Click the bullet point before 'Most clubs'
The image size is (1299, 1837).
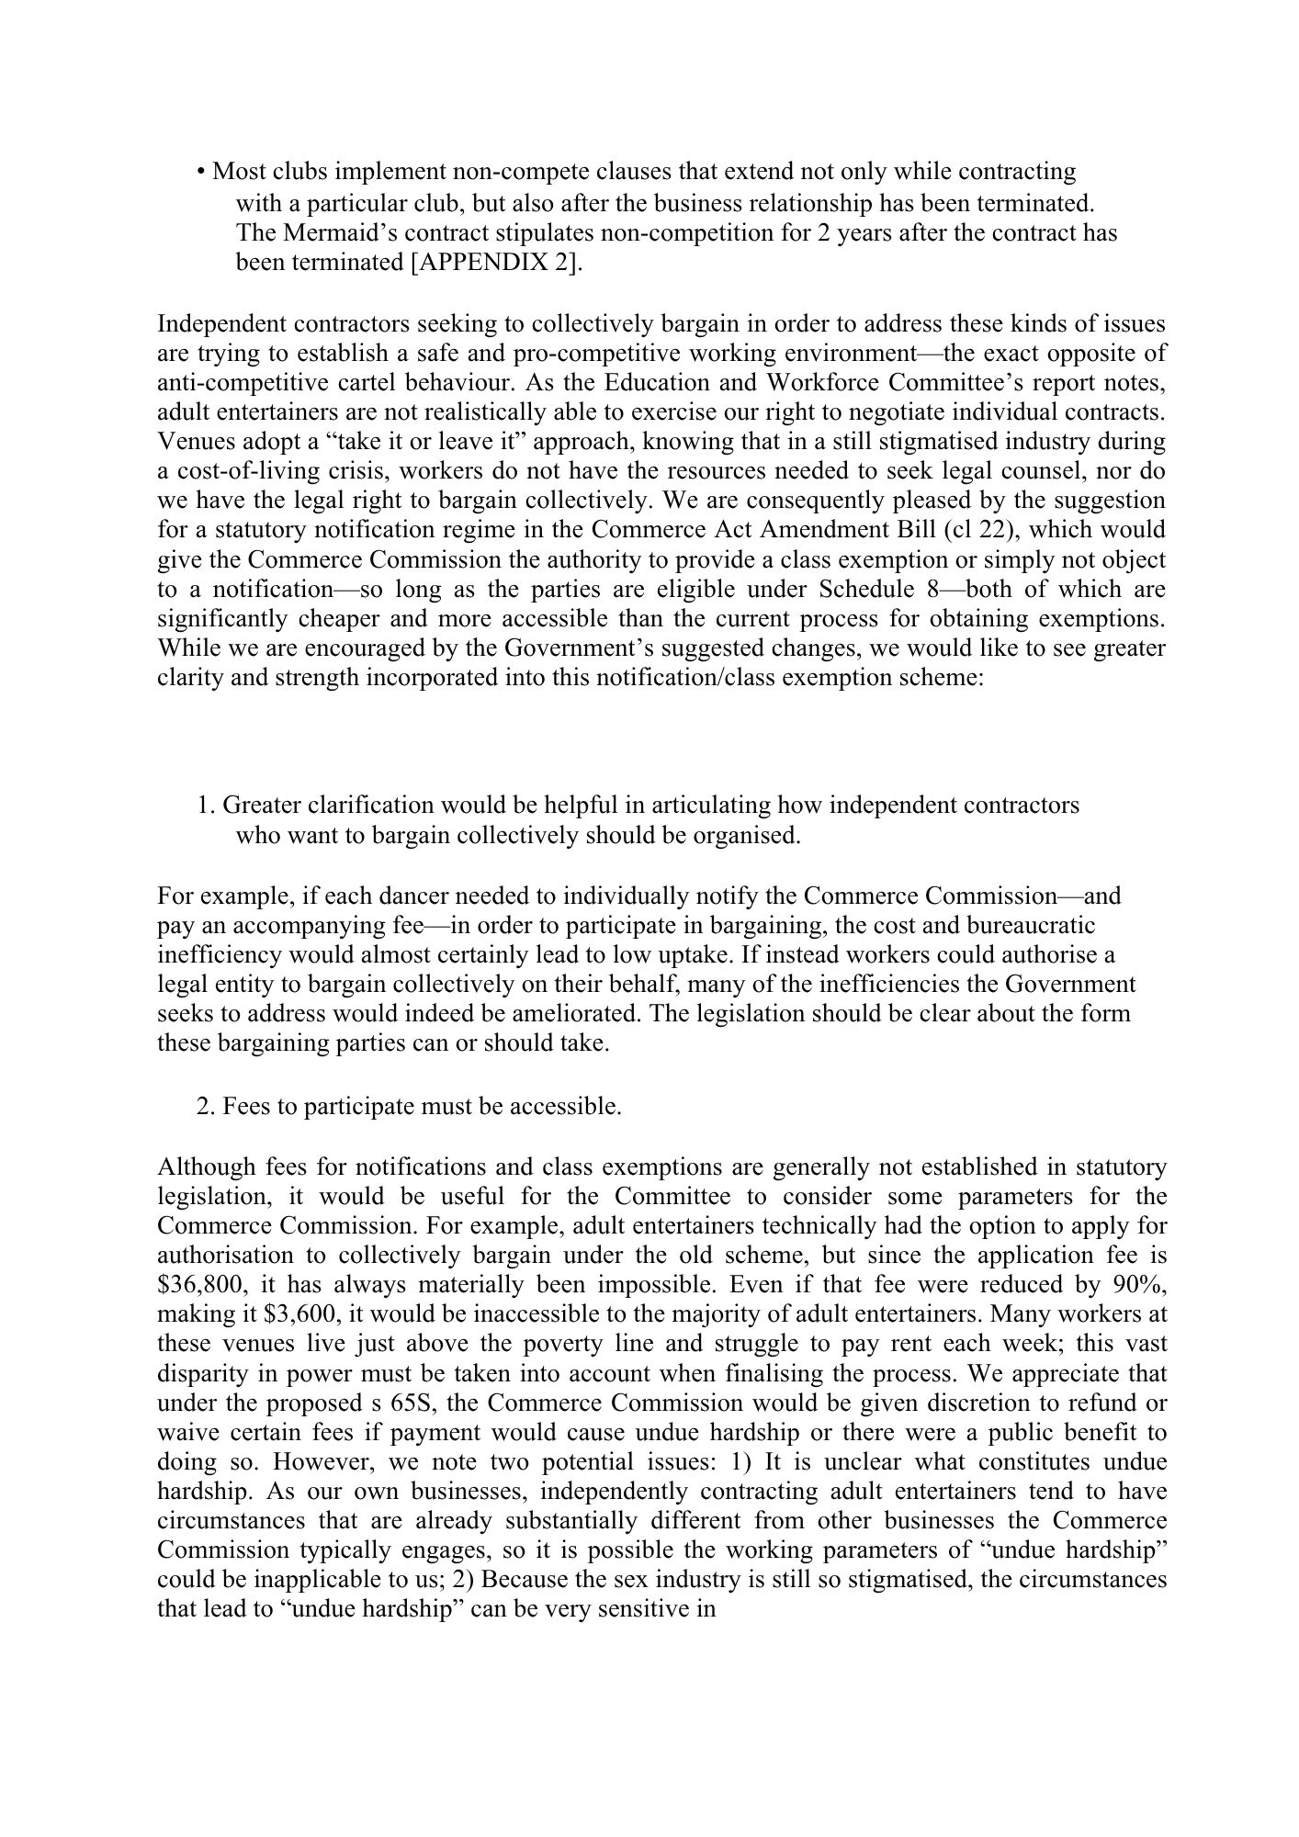coord(200,173)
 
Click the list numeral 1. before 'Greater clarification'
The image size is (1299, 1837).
coord(207,806)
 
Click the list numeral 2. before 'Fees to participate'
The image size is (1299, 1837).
coord(207,1107)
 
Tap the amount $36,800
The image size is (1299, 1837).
coord(198,1285)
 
